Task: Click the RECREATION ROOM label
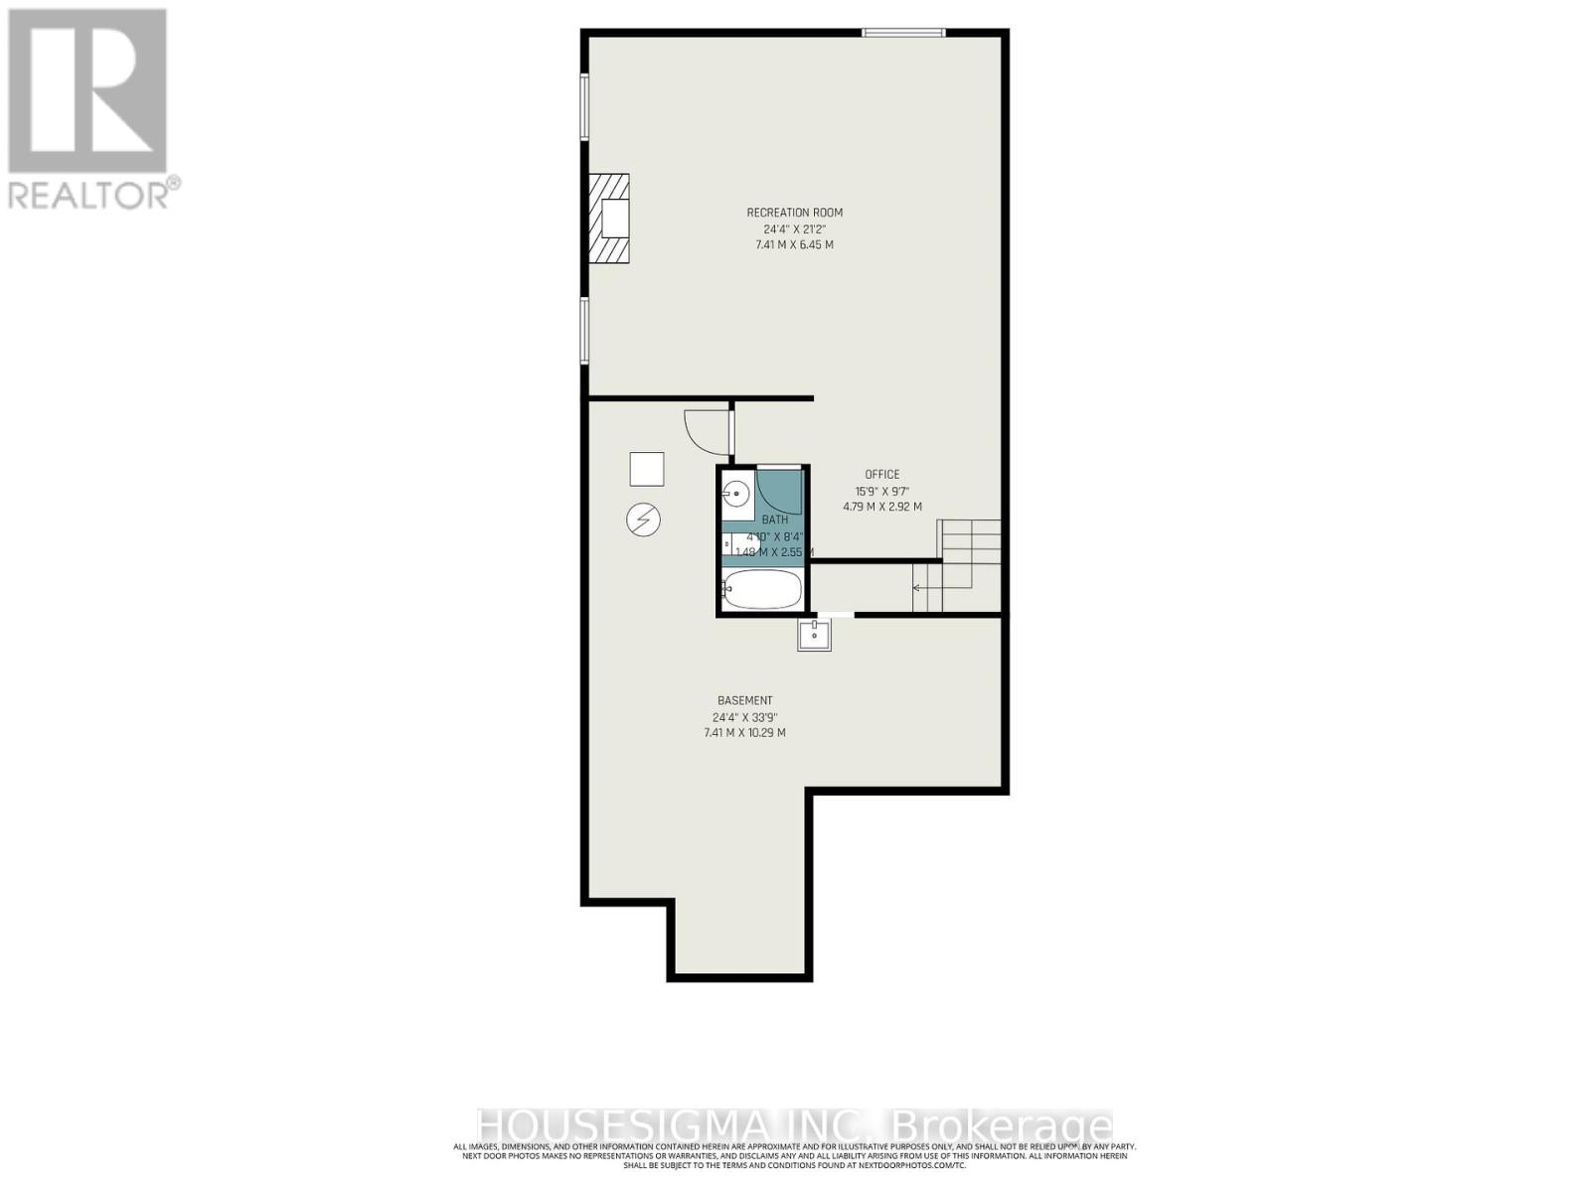pyautogui.click(x=794, y=213)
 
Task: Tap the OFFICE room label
pyautogui.click(x=881, y=475)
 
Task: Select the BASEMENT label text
pyautogui.click(x=744, y=701)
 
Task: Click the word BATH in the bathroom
pyautogui.click(x=774, y=520)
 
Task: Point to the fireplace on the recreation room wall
pyautogui.click(x=609, y=219)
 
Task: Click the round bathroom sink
pyautogui.click(x=736, y=492)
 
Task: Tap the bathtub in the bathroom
pyautogui.click(x=761, y=590)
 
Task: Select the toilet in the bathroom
pyautogui.click(x=735, y=544)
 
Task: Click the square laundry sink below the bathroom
pyautogui.click(x=814, y=634)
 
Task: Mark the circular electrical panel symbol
pyautogui.click(x=643, y=520)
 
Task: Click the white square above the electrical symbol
pyautogui.click(x=646, y=469)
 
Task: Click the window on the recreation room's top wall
pyautogui.click(x=902, y=33)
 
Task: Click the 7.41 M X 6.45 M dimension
pyautogui.click(x=794, y=244)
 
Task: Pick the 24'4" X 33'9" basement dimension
pyautogui.click(x=744, y=717)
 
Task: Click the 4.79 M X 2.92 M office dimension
pyautogui.click(x=881, y=507)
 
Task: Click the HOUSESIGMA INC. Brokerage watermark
pyautogui.click(x=794, y=1126)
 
